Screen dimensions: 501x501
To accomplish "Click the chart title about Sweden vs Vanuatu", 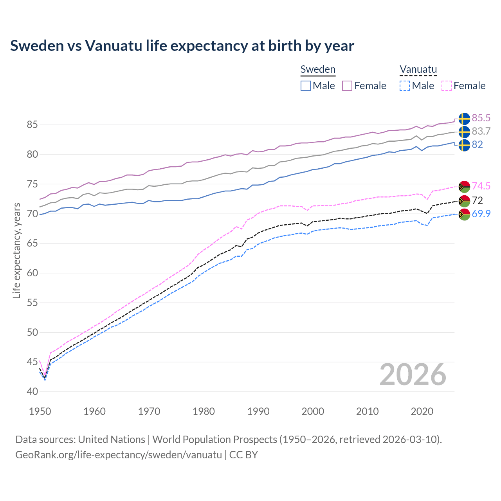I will [x=182, y=46].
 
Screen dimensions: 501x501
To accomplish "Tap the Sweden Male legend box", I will [x=306, y=86].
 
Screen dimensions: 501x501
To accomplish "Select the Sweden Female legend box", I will [x=348, y=86].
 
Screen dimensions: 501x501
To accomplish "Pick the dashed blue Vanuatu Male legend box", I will [x=405, y=86].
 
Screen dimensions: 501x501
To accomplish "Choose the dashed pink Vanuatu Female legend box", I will [x=447, y=86].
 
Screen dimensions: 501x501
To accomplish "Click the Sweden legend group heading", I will [x=318, y=69].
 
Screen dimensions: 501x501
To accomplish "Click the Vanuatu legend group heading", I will [x=418, y=69].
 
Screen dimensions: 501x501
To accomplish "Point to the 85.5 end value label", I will [x=481, y=118].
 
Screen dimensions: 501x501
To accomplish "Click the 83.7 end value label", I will [x=481, y=132].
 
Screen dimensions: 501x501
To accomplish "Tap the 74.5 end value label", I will [x=481, y=186].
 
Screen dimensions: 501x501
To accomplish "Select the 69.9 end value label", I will [x=481, y=214].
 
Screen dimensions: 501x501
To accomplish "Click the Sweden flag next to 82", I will [x=464, y=145].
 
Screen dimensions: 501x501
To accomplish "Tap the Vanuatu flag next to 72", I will [x=464, y=201].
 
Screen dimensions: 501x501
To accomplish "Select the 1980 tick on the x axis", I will [x=204, y=411].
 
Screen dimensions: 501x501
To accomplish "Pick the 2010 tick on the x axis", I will [x=367, y=411].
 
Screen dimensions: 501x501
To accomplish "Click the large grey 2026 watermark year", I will [x=413, y=375].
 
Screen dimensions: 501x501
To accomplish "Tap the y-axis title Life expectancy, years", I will [x=16, y=250].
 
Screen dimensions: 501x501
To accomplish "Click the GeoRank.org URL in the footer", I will [x=118, y=455].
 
